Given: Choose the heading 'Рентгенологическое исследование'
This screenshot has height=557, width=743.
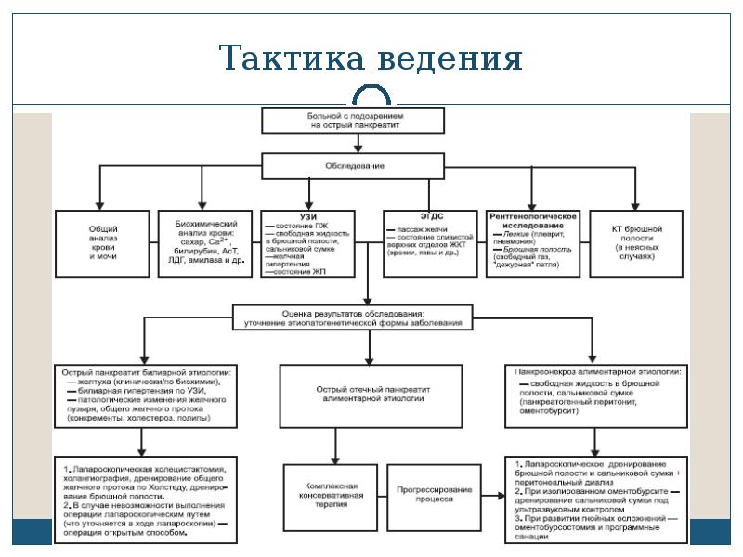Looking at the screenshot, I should [533, 220].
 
